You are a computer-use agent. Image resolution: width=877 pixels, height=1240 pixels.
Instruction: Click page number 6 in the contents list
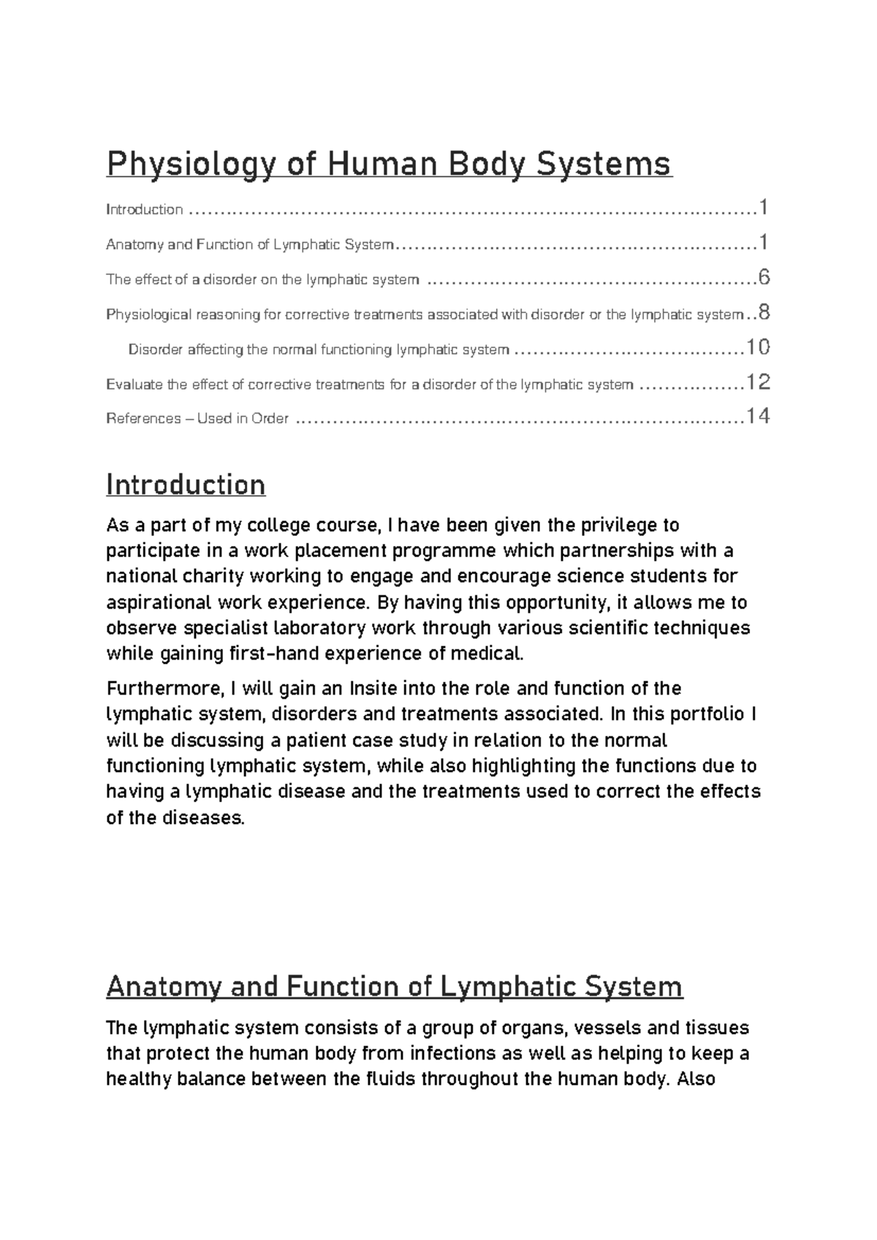coord(764,278)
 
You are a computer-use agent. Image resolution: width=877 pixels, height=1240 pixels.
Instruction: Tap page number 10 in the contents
coord(757,347)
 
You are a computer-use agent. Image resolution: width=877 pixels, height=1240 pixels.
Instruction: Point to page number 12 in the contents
coord(757,382)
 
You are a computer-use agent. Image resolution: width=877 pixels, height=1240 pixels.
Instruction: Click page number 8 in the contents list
coord(764,313)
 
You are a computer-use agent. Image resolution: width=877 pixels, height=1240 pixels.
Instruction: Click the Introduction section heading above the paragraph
coord(186,485)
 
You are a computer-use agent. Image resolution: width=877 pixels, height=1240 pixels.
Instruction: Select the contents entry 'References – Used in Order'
coord(197,419)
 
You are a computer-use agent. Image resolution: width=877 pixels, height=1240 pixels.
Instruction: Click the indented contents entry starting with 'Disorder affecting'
coord(318,349)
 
